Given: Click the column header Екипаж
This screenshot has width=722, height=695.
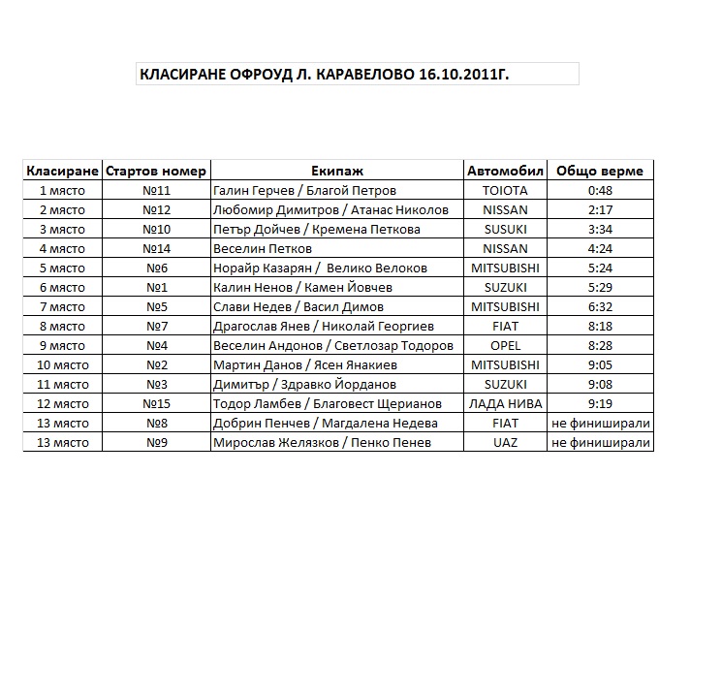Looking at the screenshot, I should pos(337,171).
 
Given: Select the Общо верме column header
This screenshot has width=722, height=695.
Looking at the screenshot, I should pos(599,171).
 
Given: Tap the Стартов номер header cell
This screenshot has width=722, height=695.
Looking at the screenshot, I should pos(156,171).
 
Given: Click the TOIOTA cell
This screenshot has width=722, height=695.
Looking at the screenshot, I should pos(505,191).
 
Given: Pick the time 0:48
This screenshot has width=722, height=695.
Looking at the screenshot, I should pos(600,191).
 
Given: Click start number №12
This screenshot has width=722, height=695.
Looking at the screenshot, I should pos(156,210).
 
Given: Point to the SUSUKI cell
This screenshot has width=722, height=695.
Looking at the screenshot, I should pos(505,230).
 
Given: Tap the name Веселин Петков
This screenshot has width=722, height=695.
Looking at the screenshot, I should pos(259,249).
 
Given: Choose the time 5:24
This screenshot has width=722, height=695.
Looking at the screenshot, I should pos(600,269).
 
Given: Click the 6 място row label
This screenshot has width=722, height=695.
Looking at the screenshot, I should pos(63,288).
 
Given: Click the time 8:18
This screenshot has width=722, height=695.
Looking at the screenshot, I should pos(600,327).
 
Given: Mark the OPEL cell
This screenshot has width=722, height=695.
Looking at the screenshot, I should pos(505,346).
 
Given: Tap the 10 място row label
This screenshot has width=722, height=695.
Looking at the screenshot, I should pos(63,365).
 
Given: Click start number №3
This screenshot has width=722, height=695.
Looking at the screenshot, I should pos(156,385).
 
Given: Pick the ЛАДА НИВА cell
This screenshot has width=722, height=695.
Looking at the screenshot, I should pos(505,404).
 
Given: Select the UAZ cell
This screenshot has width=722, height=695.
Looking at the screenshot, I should pos(505,443).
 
